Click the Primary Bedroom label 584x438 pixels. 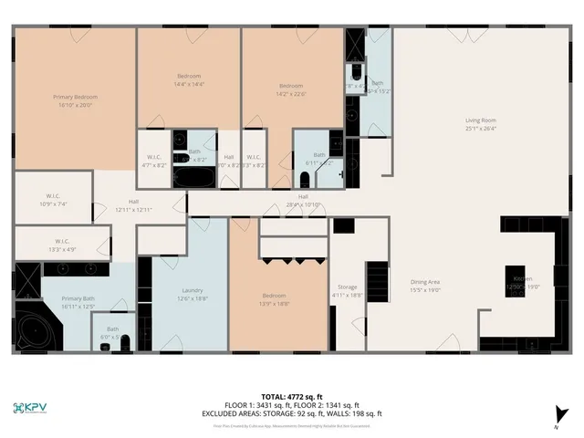tap(75, 100)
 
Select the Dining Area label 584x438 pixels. tap(424, 286)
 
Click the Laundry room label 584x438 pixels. tap(187, 294)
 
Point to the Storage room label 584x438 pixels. tap(347, 291)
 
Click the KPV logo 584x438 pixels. tap(34, 408)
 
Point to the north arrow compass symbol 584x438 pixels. tap(557, 412)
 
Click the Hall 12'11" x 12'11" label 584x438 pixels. tap(133, 205)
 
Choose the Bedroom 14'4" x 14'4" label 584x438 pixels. tap(189, 79)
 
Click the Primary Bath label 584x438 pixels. tap(78, 303)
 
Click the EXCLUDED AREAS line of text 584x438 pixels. tap(292, 413)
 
